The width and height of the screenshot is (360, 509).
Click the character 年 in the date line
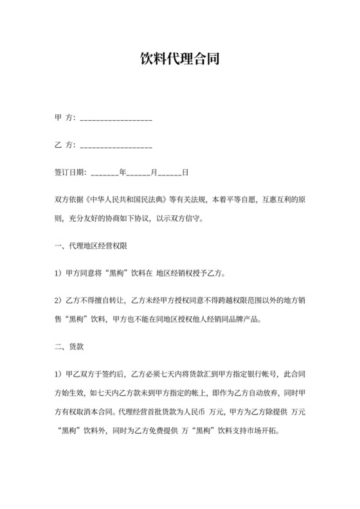(x=122, y=173)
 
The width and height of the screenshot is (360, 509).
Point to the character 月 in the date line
(x=154, y=173)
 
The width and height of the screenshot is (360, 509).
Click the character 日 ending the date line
(x=185, y=173)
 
